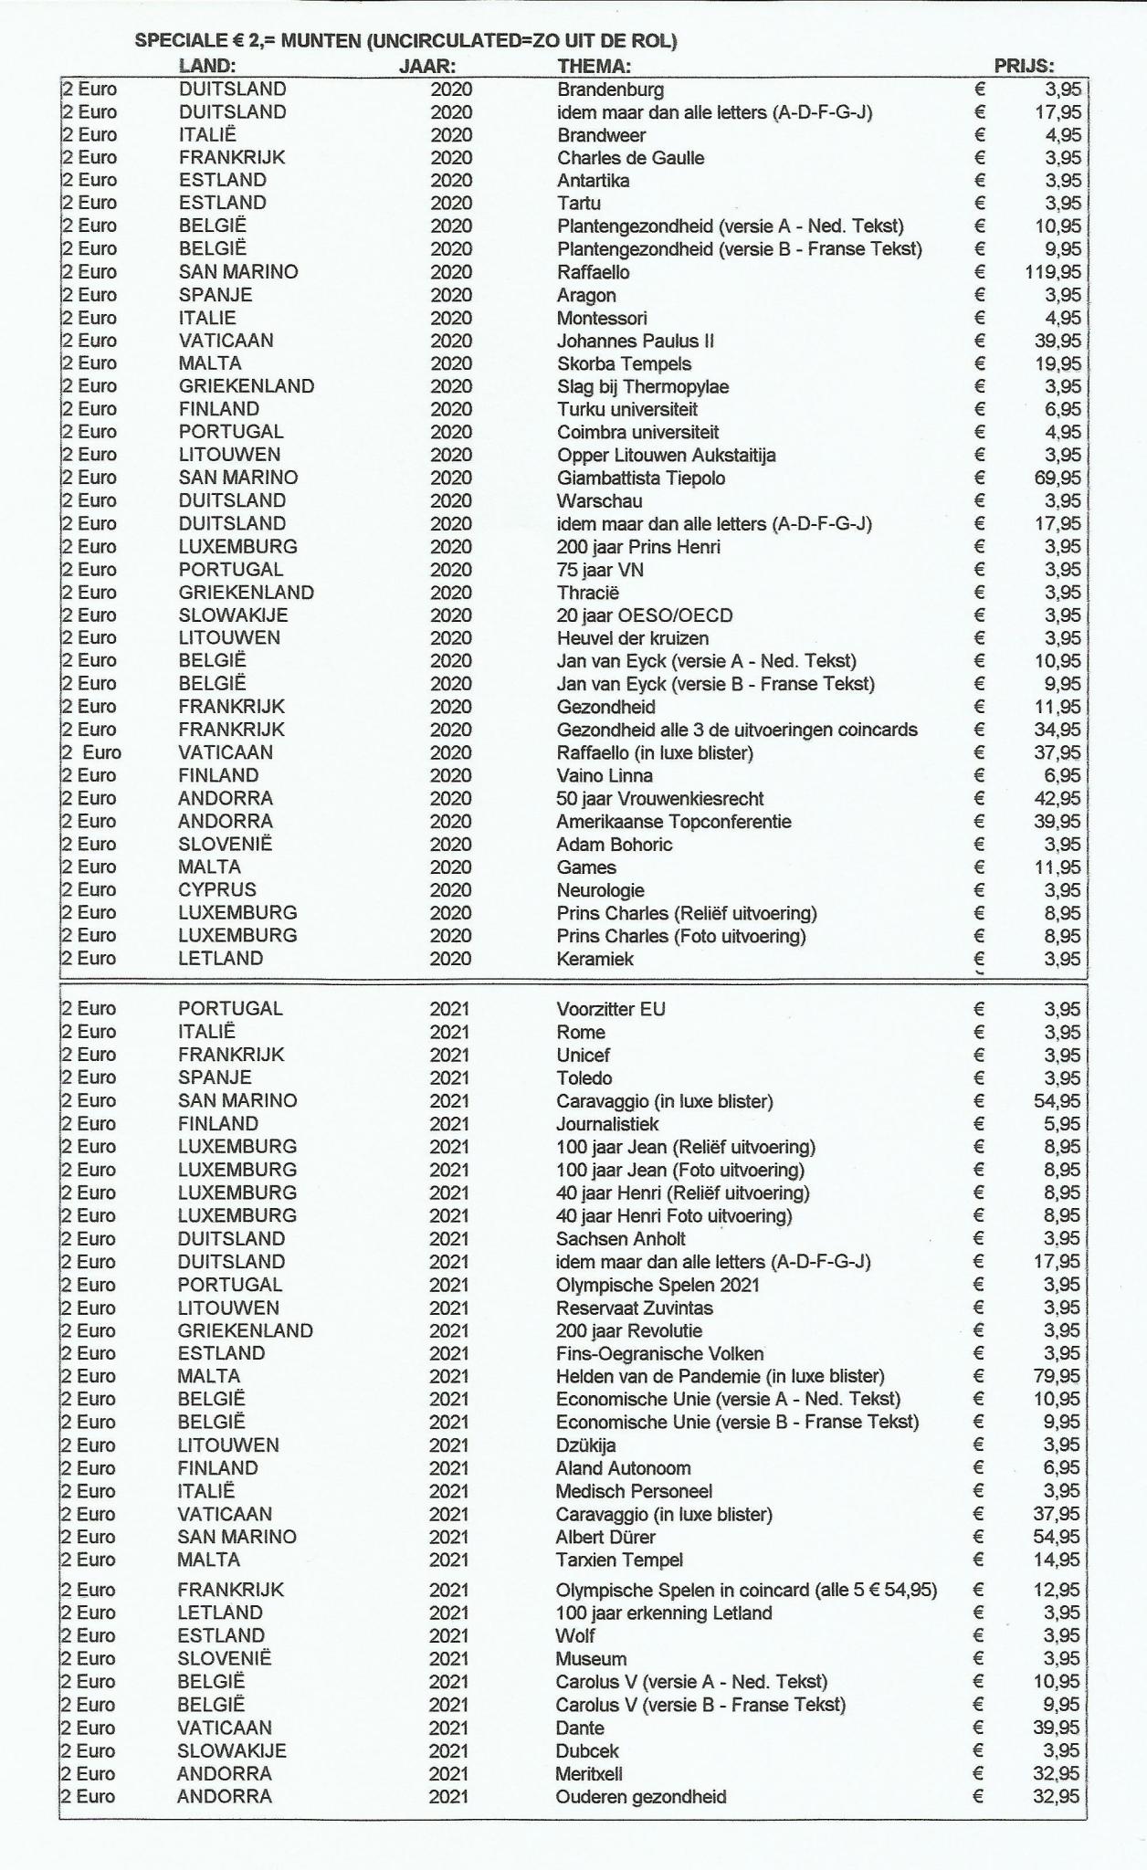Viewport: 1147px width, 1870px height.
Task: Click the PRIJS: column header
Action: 1024,66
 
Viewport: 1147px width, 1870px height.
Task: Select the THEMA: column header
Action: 594,66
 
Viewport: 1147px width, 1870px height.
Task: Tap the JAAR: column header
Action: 427,66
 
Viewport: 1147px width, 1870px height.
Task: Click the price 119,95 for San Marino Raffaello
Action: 1053,272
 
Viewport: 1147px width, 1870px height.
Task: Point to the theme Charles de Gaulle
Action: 630,158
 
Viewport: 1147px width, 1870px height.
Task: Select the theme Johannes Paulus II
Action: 635,341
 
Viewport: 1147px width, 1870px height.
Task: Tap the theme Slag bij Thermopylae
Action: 642,386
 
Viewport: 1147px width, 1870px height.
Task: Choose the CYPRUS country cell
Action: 217,889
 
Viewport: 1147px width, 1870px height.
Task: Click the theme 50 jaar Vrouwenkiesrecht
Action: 659,798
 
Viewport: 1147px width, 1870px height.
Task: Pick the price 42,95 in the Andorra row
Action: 1058,798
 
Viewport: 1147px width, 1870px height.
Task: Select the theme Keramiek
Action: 595,959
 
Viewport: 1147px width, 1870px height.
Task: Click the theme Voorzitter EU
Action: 611,1009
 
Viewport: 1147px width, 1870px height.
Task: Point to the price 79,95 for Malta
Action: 1058,1376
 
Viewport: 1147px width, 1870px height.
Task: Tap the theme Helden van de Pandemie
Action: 720,1376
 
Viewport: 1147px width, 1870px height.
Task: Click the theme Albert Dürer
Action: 605,1537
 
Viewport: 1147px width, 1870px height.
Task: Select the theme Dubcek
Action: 588,1751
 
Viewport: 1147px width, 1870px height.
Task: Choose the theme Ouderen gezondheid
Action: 641,1797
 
